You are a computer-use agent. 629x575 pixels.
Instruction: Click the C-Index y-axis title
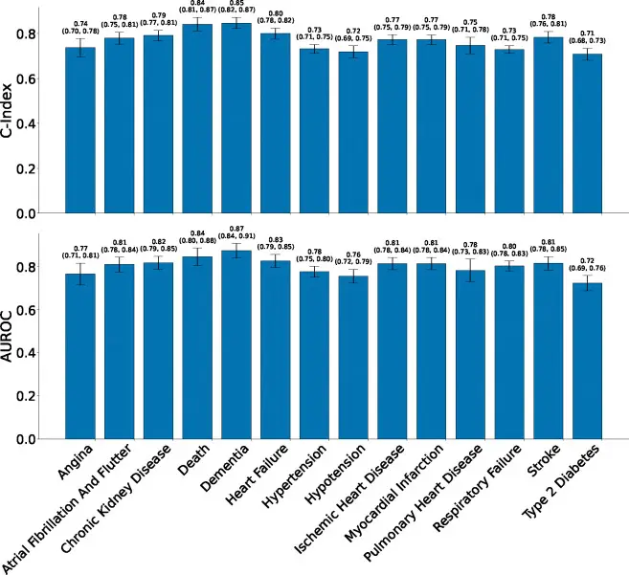coord(11,109)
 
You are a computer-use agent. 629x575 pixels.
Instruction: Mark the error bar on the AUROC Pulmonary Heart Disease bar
coord(470,270)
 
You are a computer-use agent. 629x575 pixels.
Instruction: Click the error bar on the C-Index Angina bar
coord(80,48)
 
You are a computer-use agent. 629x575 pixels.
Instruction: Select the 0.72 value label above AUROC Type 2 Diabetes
coord(587,261)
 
